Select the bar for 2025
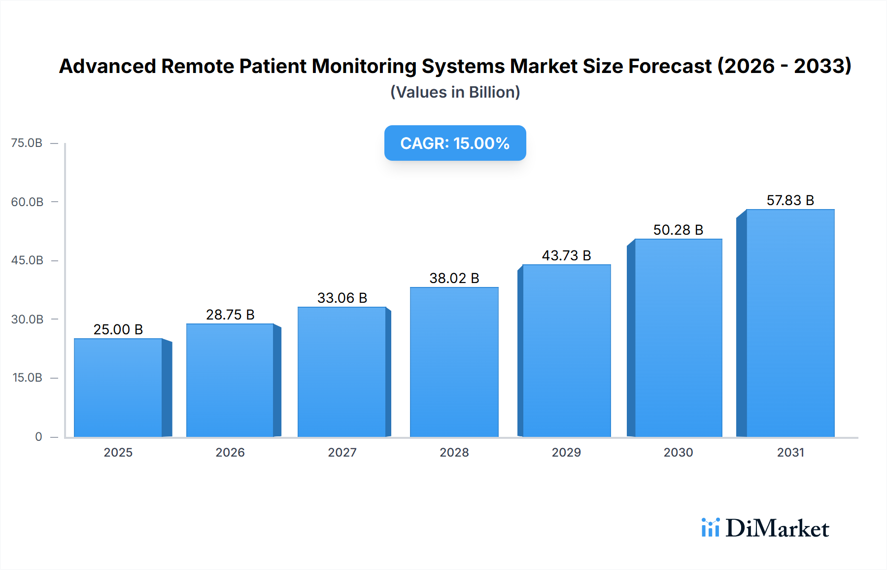[x=118, y=388]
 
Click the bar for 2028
[x=454, y=362]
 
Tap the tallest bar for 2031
[x=790, y=323]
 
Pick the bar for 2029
[x=566, y=351]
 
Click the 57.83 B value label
[x=790, y=200]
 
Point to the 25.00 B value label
[x=118, y=329]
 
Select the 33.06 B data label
[x=342, y=298]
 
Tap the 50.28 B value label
[x=678, y=230]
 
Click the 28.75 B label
[x=230, y=315]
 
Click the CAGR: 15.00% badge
[x=455, y=143]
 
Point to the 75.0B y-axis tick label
[x=27, y=143]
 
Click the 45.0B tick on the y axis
[x=27, y=260]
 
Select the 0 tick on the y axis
[x=38, y=437]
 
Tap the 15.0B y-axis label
[x=27, y=378]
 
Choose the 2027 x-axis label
[x=342, y=452]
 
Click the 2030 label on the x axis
[x=678, y=452]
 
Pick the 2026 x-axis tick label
[x=230, y=452]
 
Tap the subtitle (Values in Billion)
[x=455, y=92]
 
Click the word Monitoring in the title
[x=364, y=66]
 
